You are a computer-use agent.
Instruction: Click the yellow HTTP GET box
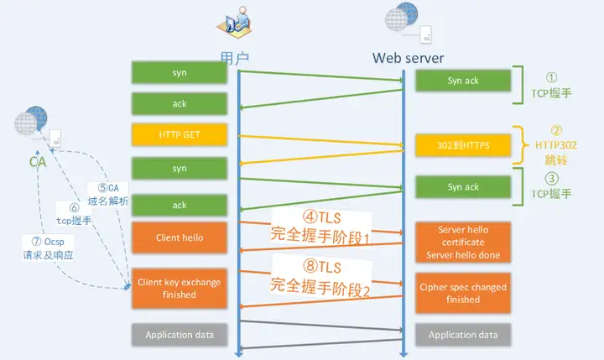click(x=180, y=134)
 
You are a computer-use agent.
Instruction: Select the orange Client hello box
click(x=180, y=237)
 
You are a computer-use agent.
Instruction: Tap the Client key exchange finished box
click(x=180, y=289)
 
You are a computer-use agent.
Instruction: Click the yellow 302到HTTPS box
click(x=463, y=145)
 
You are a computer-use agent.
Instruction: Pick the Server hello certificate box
click(x=463, y=243)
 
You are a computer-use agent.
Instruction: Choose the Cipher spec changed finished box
click(x=463, y=293)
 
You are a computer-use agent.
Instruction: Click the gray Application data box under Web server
click(x=463, y=335)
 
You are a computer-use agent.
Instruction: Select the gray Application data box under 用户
click(x=180, y=335)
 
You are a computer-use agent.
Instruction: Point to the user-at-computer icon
click(x=234, y=23)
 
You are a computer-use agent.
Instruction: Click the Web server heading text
click(x=408, y=58)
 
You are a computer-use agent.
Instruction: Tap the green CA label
click(x=38, y=162)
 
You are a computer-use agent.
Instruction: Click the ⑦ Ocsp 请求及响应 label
click(x=48, y=248)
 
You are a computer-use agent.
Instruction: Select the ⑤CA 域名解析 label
click(x=108, y=194)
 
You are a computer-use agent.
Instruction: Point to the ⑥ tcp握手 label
click(x=74, y=214)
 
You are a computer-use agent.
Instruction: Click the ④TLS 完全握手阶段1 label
click(x=320, y=227)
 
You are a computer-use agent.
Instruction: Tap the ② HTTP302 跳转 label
click(x=556, y=145)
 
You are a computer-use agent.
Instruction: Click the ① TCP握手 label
click(x=551, y=86)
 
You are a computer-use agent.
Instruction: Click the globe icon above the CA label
click(x=31, y=120)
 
